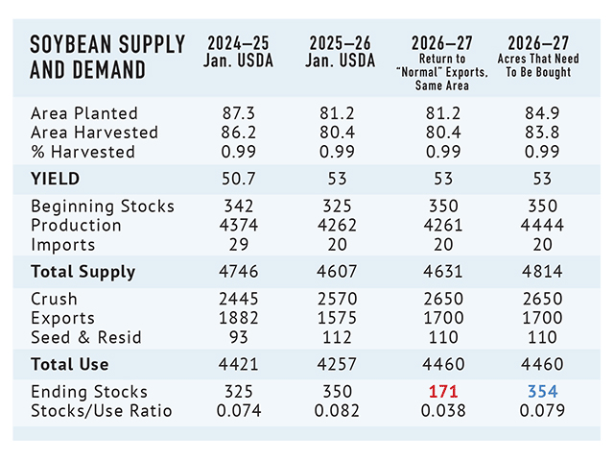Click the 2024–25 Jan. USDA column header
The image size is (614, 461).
point(242,52)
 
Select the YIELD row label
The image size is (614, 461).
point(56,179)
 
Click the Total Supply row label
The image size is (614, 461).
point(83,272)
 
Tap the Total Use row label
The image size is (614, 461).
point(70,364)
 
